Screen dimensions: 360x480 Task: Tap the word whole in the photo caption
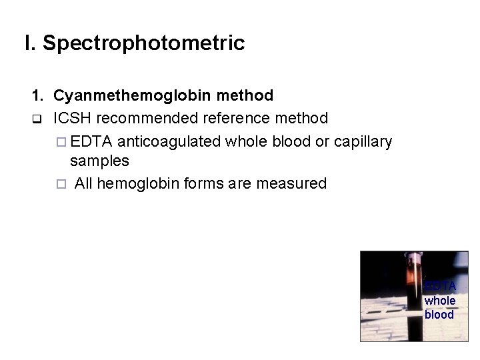coord(440,301)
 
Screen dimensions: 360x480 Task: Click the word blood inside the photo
coord(440,315)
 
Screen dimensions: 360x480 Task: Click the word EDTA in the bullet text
coord(93,141)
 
